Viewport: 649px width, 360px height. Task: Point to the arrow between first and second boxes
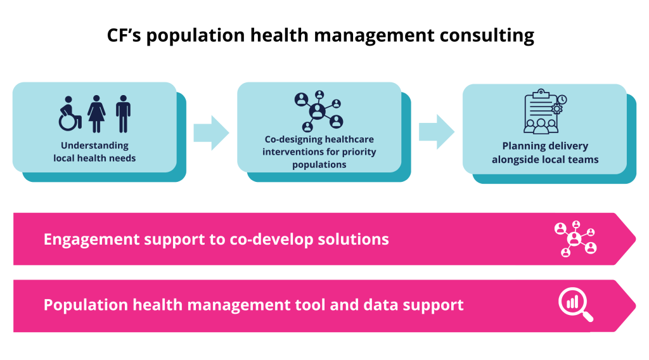coord(210,132)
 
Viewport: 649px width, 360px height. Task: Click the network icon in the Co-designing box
coord(318,111)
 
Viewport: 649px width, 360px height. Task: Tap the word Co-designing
coord(293,139)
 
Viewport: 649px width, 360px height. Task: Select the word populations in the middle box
coord(319,165)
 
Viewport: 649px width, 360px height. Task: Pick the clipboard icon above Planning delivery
coord(543,112)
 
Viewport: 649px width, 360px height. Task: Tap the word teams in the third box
coord(584,159)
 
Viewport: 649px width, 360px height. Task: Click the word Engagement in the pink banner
coord(91,239)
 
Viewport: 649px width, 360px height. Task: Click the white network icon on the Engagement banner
coord(574,238)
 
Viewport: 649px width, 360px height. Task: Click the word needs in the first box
coord(122,158)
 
